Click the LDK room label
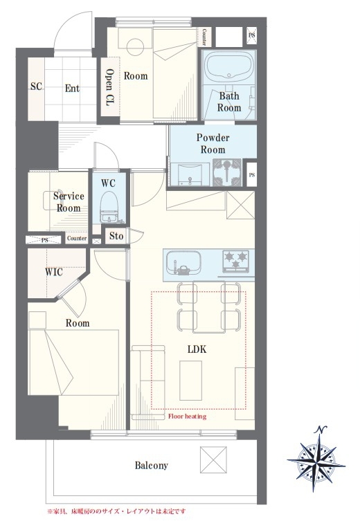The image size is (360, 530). pos(197,349)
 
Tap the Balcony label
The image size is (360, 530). pos(151,466)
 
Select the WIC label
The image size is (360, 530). pos(54,271)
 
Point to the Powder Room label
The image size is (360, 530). pos(213,143)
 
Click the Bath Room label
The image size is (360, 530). pos(229,102)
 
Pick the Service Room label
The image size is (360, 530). pos(69,202)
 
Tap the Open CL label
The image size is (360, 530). pos(109,87)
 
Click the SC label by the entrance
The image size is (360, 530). pos(36,86)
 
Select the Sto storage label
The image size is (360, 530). pos(116,235)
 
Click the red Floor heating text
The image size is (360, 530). pos(187,416)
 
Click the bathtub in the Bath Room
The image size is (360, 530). pos(229,67)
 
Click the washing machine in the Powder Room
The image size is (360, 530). pos(227,172)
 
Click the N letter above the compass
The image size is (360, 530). pos(321,430)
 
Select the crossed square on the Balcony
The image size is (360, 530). pos(213,460)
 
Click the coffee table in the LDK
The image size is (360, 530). pos(191,381)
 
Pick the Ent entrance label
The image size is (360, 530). pos(72,89)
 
